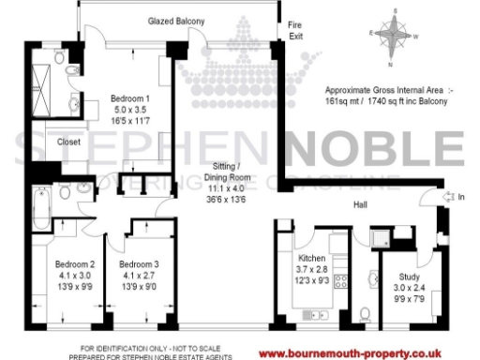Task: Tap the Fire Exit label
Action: click(x=295, y=30)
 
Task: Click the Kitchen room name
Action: click(x=311, y=258)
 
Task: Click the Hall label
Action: click(x=360, y=202)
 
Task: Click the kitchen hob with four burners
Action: click(x=342, y=279)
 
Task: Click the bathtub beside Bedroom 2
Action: click(x=41, y=207)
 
